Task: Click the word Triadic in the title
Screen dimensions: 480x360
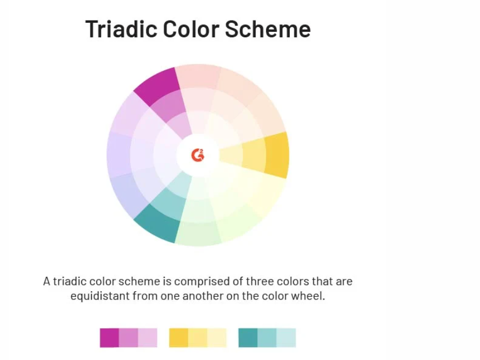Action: click(122, 29)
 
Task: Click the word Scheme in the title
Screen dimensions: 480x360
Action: click(268, 29)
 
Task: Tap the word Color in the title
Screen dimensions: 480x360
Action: click(191, 29)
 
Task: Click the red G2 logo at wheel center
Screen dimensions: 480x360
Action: click(198, 155)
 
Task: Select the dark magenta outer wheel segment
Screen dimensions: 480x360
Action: click(157, 85)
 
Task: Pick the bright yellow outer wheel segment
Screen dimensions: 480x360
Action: click(276, 155)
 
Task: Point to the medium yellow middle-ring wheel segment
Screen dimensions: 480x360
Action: click(254, 155)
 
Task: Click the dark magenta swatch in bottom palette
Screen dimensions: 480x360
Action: click(109, 338)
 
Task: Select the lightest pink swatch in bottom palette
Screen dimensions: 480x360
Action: click(148, 338)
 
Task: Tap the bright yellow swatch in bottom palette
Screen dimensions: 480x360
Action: click(178, 338)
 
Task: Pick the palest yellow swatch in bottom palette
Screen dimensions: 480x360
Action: click(217, 338)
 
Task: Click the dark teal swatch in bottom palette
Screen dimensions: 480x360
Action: click(248, 338)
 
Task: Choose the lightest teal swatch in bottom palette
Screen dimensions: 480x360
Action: click(286, 338)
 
